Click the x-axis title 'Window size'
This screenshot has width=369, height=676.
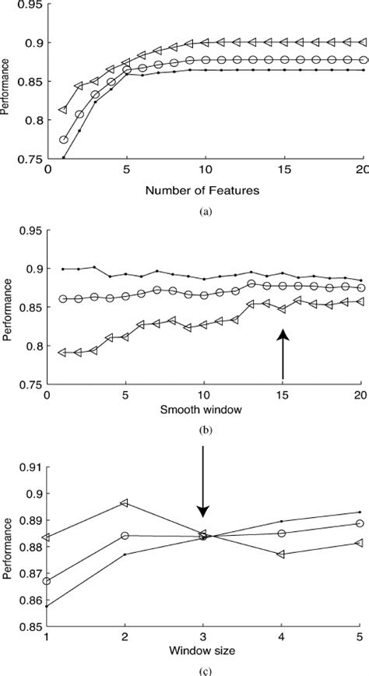click(x=204, y=647)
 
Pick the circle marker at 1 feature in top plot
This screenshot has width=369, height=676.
click(x=64, y=140)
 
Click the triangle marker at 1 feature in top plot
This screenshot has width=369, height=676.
click(x=64, y=110)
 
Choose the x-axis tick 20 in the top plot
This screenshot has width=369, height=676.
click(x=360, y=169)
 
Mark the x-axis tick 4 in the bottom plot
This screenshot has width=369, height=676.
click(x=281, y=635)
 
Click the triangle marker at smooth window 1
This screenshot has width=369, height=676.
click(x=64, y=353)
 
